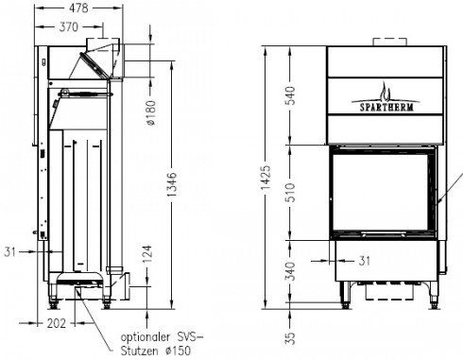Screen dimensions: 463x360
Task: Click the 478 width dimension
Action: tap(78, 8)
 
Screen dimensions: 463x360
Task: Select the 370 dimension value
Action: tap(68, 26)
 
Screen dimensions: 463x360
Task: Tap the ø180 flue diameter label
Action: tap(151, 112)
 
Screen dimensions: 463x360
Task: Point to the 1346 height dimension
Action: tap(172, 184)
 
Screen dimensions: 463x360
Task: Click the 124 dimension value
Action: tap(147, 254)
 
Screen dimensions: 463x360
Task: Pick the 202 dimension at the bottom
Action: tap(57, 323)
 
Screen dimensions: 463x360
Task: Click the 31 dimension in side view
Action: tap(9, 252)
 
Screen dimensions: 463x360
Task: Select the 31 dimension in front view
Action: tap(364, 261)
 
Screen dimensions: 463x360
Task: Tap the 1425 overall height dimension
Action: tap(266, 178)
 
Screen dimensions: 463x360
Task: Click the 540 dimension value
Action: tap(290, 95)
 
